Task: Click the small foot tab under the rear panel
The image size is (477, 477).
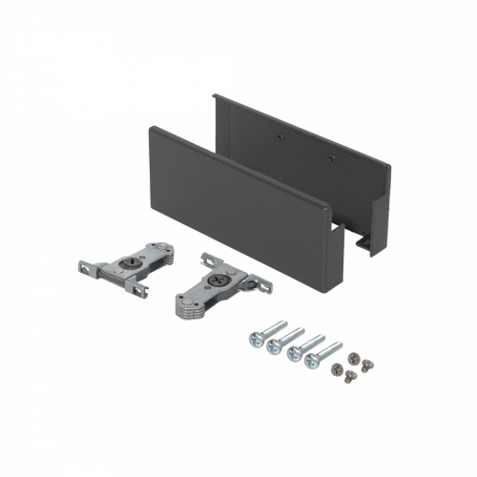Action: coord(366,246)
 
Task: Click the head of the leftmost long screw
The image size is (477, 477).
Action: coord(256,340)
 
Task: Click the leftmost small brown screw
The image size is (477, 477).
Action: coord(336,367)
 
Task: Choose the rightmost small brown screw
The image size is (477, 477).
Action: coord(366,363)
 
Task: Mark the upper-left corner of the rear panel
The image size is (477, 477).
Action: coord(217,97)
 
